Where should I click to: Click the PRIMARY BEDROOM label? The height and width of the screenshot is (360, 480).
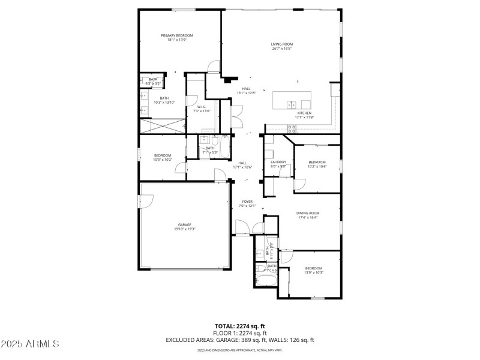coord(176,35)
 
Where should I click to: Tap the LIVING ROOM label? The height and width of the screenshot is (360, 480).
coord(281,44)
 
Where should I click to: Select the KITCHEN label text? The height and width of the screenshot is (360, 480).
coord(305,113)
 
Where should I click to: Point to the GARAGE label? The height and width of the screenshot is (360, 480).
coord(184,224)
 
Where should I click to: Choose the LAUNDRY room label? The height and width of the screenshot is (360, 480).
coord(278,161)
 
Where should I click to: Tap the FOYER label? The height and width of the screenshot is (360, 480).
coord(247,202)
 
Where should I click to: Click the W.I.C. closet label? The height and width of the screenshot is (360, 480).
coord(202,107)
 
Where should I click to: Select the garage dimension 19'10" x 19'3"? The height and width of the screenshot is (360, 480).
coord(184,229)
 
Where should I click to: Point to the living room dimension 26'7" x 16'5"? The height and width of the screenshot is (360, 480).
coord(281,49)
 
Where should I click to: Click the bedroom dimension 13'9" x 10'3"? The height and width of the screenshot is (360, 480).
coord(314,272)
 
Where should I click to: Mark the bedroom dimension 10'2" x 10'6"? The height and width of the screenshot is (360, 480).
coord(317,166)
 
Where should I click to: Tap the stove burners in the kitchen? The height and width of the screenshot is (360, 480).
coord(292,128)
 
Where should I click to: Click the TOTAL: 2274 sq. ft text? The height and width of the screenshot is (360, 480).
coord(239,326)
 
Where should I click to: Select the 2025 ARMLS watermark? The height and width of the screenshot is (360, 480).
coord(30,344)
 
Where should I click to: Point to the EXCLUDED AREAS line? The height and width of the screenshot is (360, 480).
coord(239,340)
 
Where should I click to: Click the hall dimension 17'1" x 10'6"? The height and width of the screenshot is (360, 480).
coord(242,167)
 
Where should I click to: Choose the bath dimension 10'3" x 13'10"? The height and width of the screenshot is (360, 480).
coord(164,103)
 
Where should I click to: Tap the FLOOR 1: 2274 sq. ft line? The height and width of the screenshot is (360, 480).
coord(239,332)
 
